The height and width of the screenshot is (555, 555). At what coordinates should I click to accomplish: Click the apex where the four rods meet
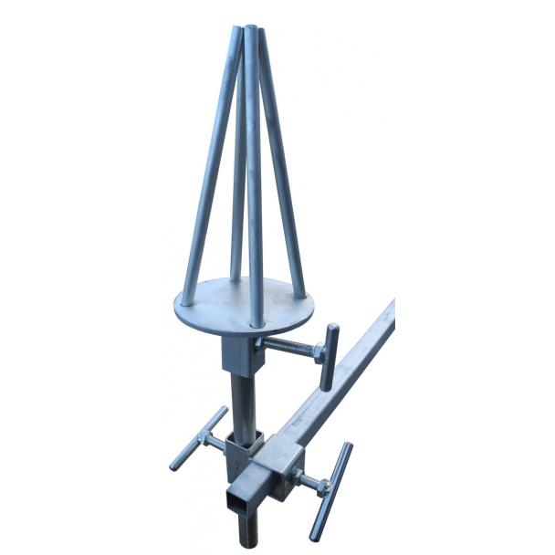tap(251, 32)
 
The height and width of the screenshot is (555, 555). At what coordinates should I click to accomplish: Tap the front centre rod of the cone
tap(255, 183)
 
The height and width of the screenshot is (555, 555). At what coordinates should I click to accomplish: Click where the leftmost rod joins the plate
tap(187, 298)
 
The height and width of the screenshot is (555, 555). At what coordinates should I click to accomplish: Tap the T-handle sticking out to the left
tap(197, 437)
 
